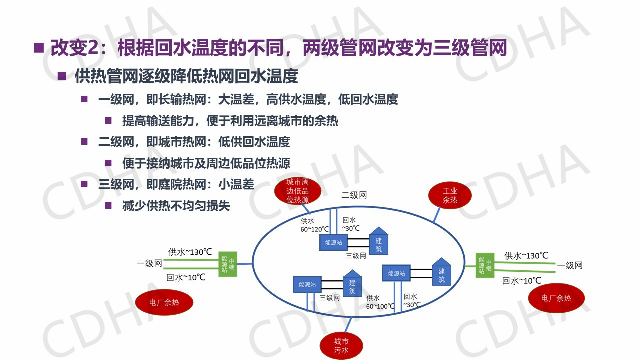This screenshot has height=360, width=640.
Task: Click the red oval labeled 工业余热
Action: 450,195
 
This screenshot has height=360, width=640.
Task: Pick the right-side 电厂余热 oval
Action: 556,298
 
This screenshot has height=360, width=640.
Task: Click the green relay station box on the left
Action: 228,265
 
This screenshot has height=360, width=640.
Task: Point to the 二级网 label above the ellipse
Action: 354,195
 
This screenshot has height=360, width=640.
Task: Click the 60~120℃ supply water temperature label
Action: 314,229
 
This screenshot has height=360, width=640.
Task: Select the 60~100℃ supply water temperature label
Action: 380,306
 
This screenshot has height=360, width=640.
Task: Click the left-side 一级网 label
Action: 149,263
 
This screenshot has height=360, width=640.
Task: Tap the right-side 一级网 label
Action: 570,265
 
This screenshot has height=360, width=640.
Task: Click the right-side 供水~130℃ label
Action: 526,256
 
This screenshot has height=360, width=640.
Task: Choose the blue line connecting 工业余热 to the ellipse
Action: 436,213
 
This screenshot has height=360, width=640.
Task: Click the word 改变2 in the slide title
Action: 69,48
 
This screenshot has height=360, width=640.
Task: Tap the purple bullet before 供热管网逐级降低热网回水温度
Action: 62,76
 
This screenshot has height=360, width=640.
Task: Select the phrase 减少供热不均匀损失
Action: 176,205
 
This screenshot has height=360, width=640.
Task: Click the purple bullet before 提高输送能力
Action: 108,120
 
